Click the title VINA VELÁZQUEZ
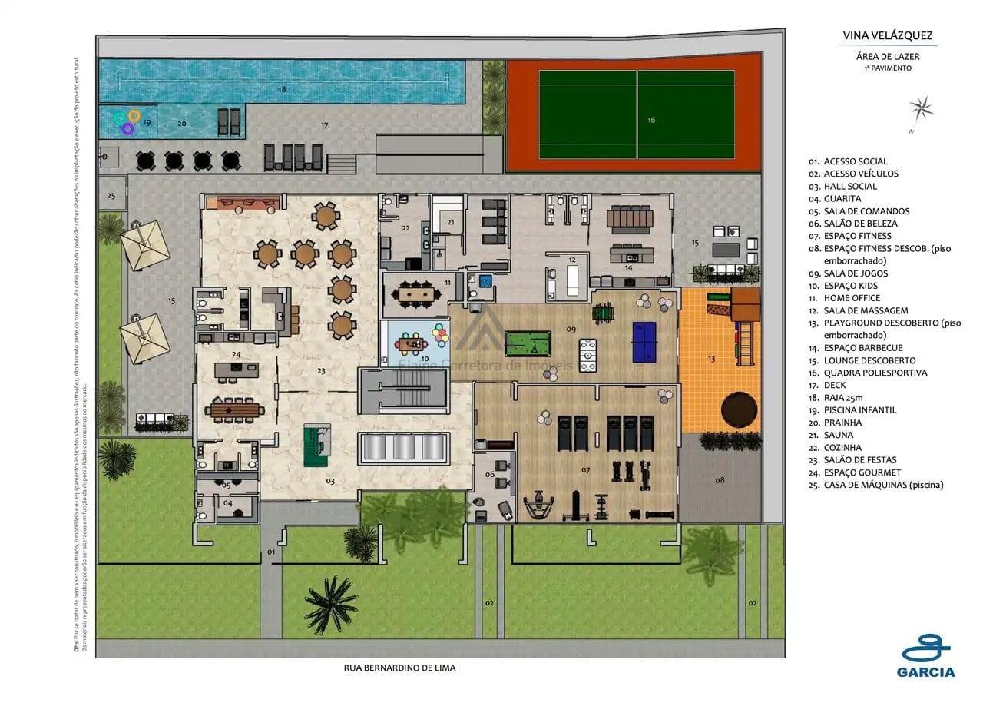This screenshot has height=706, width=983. coord(888,35)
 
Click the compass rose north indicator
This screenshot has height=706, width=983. coord(922,111)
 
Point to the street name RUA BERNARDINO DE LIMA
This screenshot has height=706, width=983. coord(399,668)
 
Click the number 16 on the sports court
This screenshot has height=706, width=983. coord(651,120)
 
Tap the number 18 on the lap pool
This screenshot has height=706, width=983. coord(282,90)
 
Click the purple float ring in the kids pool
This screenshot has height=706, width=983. coord(127,129)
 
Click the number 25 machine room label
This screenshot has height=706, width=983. coord(111,196)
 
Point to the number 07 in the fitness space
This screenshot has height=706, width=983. coord(585,469)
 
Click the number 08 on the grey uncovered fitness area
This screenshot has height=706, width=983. coord(720,480)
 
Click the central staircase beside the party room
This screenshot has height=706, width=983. coord(403,391)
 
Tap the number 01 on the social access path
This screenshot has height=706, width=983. coord(271,552)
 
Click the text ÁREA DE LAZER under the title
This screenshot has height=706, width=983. coord(888,56)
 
